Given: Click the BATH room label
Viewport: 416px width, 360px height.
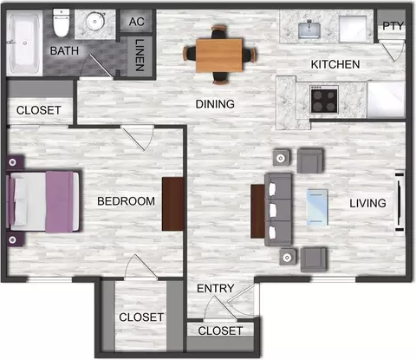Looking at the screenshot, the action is click(x=64, y=51).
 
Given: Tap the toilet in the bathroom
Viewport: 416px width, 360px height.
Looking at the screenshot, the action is click(x=62, y=23).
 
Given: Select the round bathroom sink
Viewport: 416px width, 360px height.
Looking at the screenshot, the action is click(x=94, y=21).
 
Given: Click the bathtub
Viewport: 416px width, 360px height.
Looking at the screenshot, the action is click(x=24, y=43).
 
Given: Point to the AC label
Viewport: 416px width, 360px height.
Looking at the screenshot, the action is click(x=137, y=22).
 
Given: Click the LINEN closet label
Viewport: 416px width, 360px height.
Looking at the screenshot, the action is click(x=140, y=55).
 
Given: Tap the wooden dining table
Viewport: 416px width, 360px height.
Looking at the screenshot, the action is click(x=219, y=55).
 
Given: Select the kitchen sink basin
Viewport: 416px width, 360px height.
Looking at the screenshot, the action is click(x=309, y=30).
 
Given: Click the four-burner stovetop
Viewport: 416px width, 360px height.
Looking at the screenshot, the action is click(x=324, y=100).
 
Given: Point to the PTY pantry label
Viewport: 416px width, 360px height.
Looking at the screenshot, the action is click(x=393, y=26).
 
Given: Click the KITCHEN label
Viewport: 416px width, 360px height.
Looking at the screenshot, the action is click(x=335, y=64).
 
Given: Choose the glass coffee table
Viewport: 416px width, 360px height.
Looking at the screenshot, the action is click(x=317, y=207).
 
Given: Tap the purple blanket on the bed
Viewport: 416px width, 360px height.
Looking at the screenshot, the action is click(x=59, y=202).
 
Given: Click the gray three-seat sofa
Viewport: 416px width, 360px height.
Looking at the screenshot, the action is click(x=278, y=210).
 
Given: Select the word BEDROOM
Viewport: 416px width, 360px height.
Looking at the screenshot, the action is click(x=126, y=201).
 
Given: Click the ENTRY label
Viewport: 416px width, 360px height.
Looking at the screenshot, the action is click(x=216, y=288).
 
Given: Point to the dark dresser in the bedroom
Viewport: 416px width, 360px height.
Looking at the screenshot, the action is click(x=172, y=204).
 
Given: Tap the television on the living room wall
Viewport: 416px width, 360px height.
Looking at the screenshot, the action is click(x=400, y=202).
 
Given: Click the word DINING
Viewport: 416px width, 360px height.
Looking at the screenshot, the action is click(x=215, y=104).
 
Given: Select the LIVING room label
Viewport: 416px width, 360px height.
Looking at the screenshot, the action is click(x=367, y=203).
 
